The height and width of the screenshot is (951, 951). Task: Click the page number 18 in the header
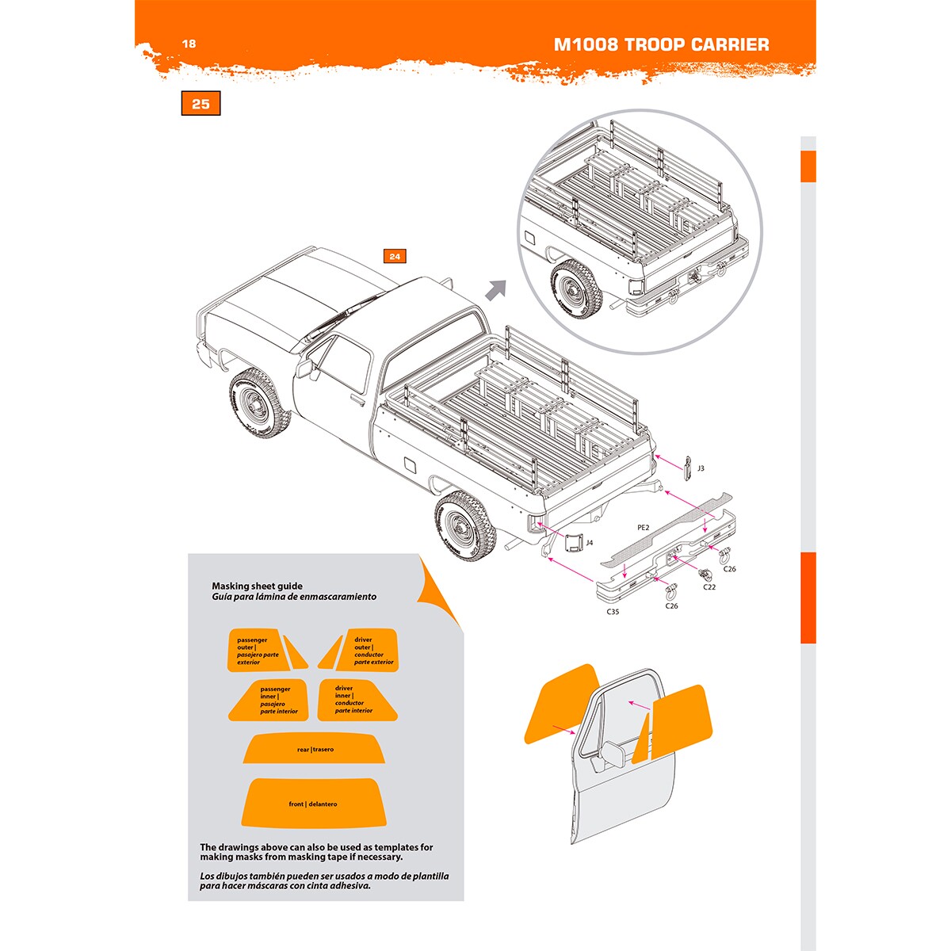189,44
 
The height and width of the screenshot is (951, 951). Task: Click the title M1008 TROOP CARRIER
661,44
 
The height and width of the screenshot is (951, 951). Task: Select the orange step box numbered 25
201,104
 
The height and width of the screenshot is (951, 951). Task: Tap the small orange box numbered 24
395,256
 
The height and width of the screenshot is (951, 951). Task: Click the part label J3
701,468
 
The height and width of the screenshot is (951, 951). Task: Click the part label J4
589,543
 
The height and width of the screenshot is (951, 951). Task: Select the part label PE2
644,527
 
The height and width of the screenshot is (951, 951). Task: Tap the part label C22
709,587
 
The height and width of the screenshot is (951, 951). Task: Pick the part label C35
613,612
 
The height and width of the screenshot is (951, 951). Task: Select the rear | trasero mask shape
315,749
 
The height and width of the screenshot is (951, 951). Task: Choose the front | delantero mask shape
313,803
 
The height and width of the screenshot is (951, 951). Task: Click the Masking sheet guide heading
257,586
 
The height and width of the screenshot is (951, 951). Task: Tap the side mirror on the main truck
304,369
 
